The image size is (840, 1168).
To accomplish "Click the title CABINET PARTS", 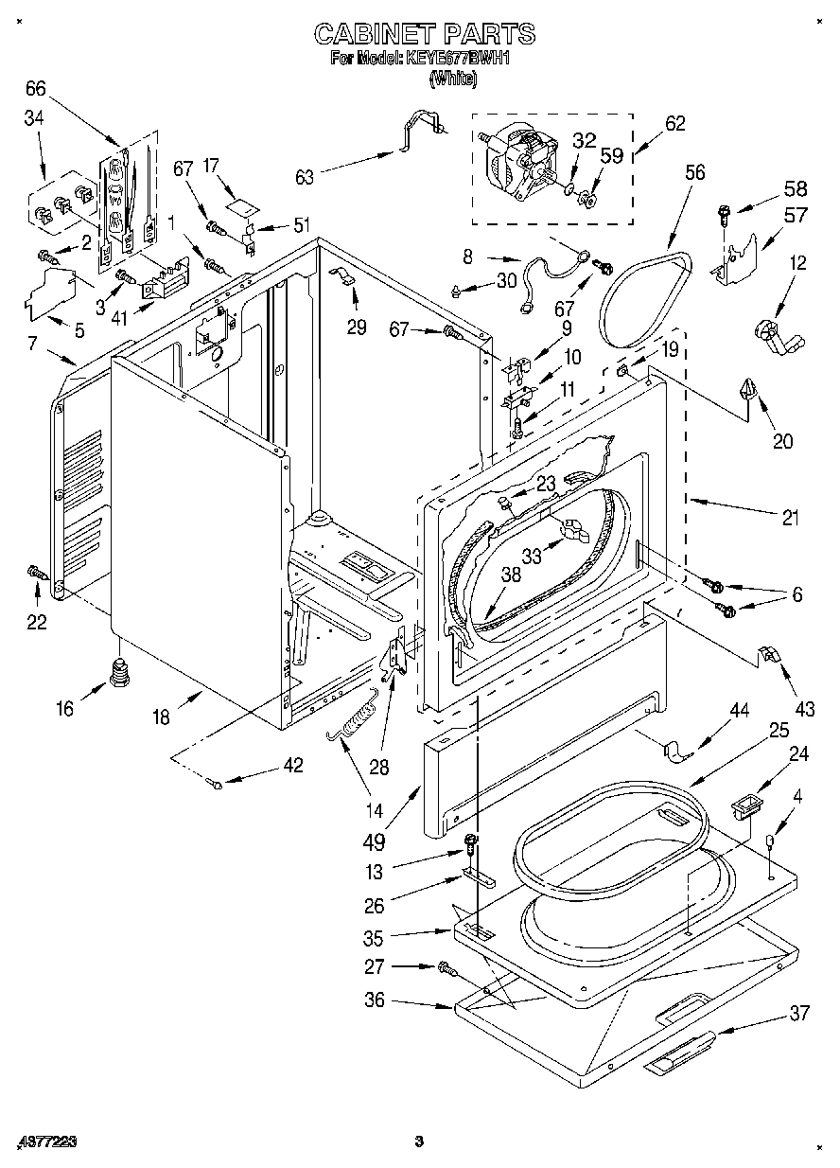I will [x=425, y=35].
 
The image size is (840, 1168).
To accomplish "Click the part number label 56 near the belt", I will [x=695, y=172].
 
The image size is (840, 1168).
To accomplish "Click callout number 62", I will [x=674, y=123].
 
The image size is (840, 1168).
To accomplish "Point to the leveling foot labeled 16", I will [x=118, y=676].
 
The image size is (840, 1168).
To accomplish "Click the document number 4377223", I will [x=46, y=1142].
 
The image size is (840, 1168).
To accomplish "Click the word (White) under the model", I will [x=453, y=80].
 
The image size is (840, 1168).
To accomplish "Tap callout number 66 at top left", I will [x=35, y=90].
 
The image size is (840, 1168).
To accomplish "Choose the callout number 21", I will [x=790, y=518].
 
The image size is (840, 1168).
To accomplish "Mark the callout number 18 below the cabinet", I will [x=161, y=717].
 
